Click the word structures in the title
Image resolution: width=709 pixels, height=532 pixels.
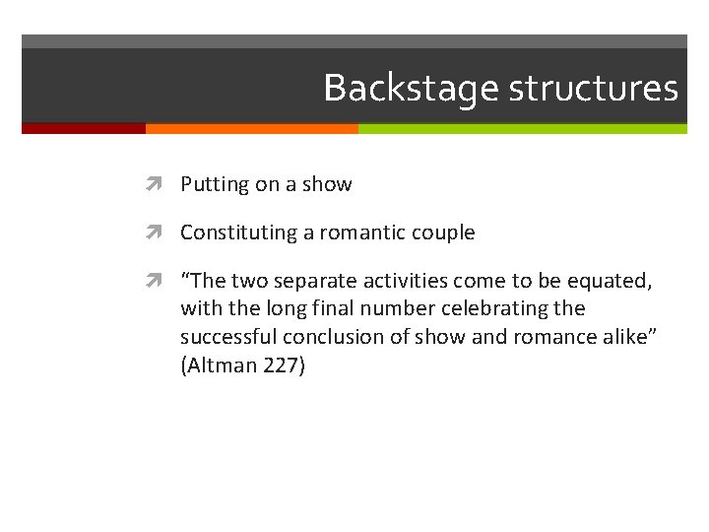tap(593, 89)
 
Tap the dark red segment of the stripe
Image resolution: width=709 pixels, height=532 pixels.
tap(84, 128)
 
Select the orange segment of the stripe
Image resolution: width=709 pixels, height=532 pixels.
tap(251, 128)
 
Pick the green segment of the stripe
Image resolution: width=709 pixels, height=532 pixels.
tap(522, 128)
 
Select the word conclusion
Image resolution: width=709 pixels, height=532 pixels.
tap(323, 337)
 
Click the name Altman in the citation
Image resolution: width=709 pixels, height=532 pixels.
tap(223, 366)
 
